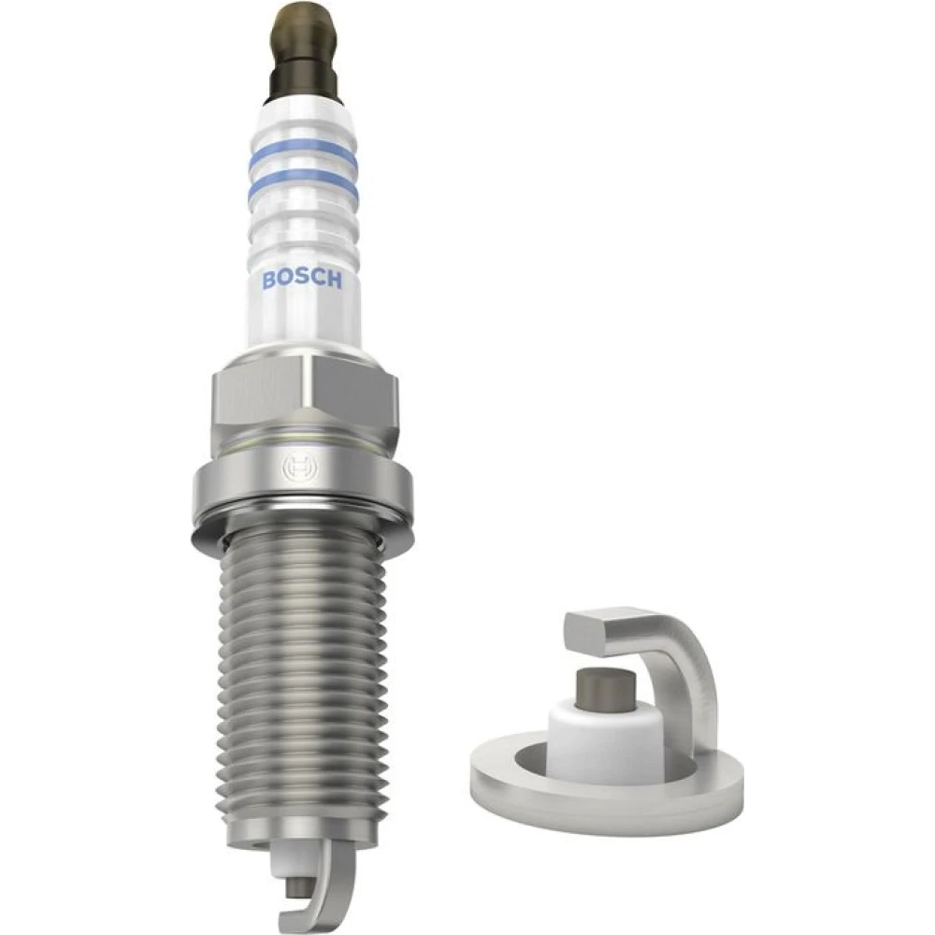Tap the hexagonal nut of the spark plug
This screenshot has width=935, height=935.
click(303, 399)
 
